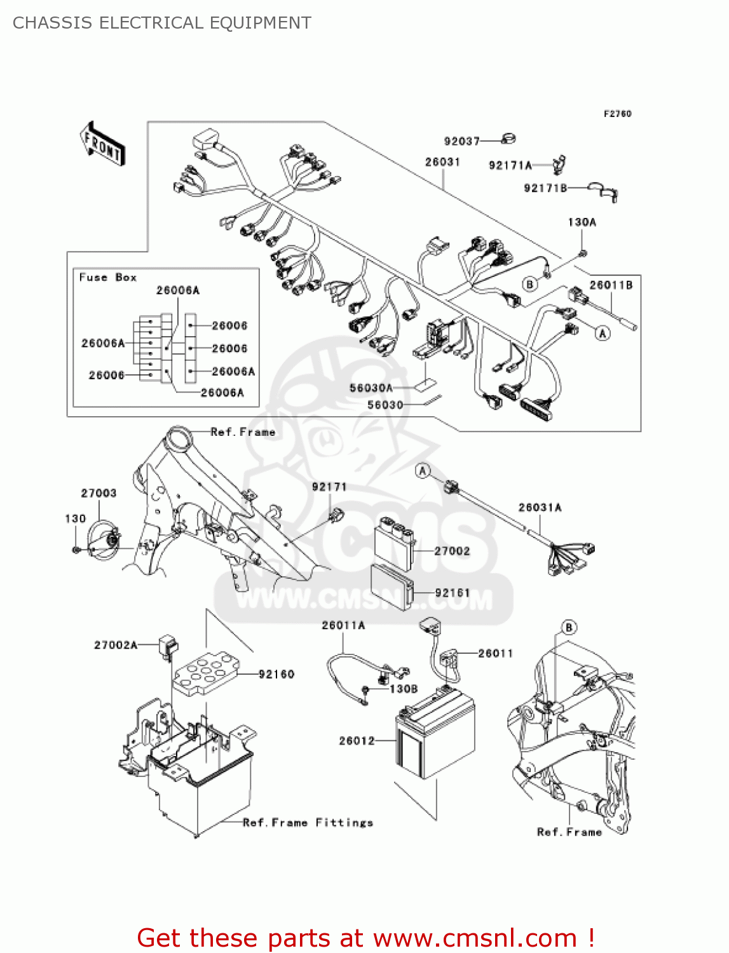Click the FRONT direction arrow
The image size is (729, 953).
coord(102,144)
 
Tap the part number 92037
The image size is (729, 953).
coord(461,141)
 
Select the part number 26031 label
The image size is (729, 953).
coord(442,162)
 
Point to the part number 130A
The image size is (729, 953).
coord(582,222)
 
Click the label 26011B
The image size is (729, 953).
coord(611,285)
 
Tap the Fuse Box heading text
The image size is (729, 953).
coord(107,278)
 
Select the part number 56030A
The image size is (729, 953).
coord(371,388)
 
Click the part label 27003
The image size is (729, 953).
coord(99,493)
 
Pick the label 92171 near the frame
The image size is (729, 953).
coord(329,487)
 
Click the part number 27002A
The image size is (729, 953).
coord(116,645)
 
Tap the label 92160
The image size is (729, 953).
coord(276,674)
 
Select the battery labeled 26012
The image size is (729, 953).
coord(435,737)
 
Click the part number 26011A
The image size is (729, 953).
coord(343,625)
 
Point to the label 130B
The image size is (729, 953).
coord(404,689)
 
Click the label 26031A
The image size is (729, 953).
coord(540,507)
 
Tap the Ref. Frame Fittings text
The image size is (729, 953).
coord(308,823)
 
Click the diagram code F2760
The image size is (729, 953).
coord(617,114)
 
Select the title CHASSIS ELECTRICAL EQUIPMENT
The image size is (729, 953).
coord(162,23)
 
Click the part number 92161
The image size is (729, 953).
coord(453,593)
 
